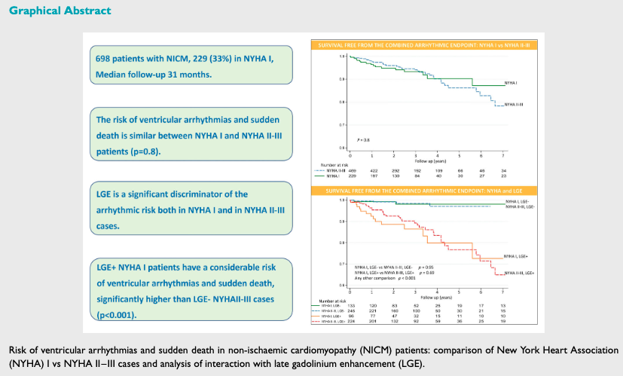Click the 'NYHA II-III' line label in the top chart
[515, 105]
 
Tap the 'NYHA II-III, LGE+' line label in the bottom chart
[519, 273]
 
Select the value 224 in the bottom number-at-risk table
[349, 320]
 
